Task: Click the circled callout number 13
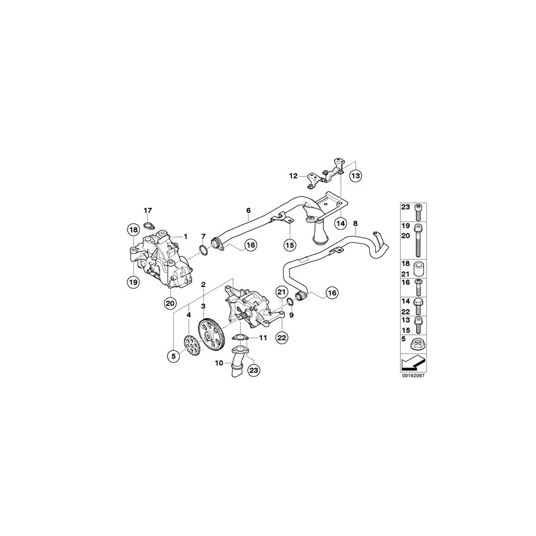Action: pyautogui.click(x=356, y=176)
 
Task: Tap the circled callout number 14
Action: pyautogui.click(x=340, y=223)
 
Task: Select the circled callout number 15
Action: pyautogui.click(x=290, y=245)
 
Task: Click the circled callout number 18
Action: pyautogui.click(x=133, y=230)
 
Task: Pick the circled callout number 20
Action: pyautogui.click(x=170, y=303)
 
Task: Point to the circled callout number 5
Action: pyautogui.click(x=173, y=357)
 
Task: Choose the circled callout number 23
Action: pyautogui.click(x=254, y=370)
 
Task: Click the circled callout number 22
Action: pyautogui.click(x=282, y=338)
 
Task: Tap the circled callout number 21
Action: pyautogui.click(x=281, y=292)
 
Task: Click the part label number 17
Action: pyautogui.click(x=148, y=211)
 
